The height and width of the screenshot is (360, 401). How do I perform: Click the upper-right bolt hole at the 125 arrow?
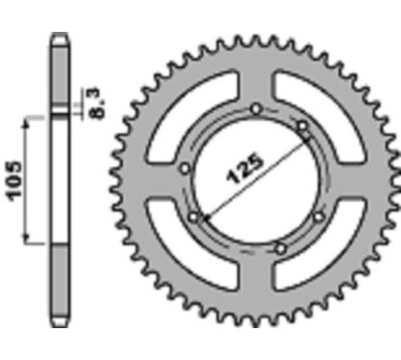[x=302, y=125]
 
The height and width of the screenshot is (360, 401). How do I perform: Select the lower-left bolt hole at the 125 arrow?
[x=194, y=218]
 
